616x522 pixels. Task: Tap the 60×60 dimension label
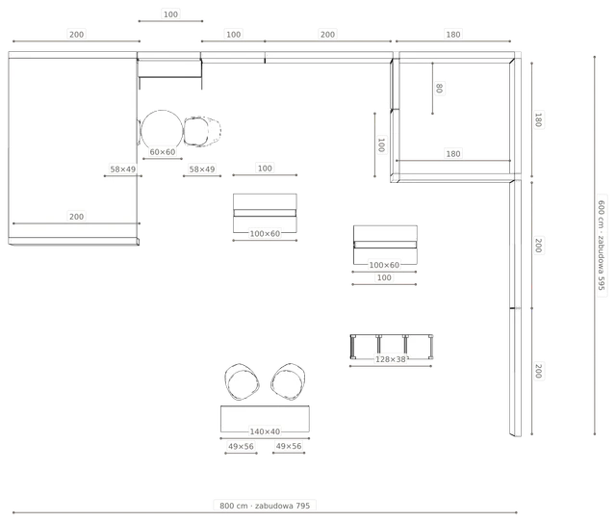(x=163, y=152)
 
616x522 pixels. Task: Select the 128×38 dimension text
(x=391, y=359)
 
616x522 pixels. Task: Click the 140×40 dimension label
(x=265, y=431)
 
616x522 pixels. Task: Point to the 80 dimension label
(x=439, y=88)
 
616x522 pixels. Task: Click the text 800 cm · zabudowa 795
(x=265, y=506)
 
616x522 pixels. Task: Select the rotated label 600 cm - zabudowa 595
(x=602, y=246)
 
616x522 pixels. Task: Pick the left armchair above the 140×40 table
(x=242, y=381)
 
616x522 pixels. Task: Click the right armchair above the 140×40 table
(x=289, y=381)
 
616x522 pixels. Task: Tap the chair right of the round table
(x=202, y=131)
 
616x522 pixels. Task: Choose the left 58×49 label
(x=123, y=170)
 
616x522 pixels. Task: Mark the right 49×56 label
(x=289, y=446)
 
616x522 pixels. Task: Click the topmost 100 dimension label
(x=170, y=14)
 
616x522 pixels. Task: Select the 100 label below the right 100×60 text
(x=384, y=278)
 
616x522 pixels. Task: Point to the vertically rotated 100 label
(x=381, y=144)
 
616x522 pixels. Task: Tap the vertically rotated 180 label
(x=538, y=119)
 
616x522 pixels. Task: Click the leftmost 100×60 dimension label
(x=265, y=234)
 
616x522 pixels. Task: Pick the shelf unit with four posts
(x=392, y=347)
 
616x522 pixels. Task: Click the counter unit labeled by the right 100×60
(x=385, y=245)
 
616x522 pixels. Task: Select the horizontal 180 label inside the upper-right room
(x=453, y=154)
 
